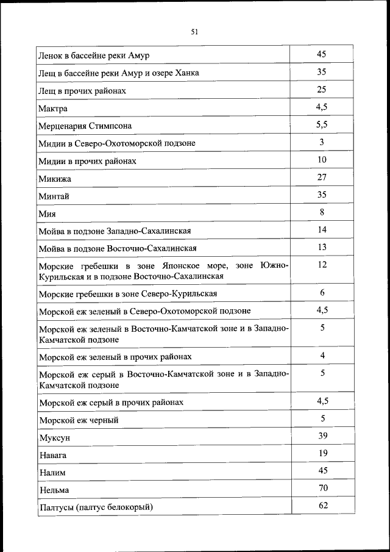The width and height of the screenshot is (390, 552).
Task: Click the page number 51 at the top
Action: (x=194, y=32)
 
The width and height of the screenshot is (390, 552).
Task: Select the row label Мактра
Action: (x=52, y=109)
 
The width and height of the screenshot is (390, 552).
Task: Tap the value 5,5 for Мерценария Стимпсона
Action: (x=322, y=124)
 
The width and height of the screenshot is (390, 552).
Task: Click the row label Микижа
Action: (x=54, y=179)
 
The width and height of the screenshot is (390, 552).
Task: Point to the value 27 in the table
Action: (x=322, y=177)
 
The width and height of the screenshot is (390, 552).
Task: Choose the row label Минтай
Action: (x=54, y=196)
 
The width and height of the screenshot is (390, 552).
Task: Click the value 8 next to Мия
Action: (x=322, y=212)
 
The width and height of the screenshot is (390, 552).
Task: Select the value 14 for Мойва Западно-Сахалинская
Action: (x=322, y=230)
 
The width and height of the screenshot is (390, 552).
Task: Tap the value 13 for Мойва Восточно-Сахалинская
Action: (x=322, y=247)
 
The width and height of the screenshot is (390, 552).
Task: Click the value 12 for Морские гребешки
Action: (x=322, y=265)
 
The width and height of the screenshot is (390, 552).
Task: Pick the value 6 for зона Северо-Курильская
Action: (x=322, y=293)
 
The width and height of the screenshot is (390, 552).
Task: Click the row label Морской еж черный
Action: (x=78, y=420)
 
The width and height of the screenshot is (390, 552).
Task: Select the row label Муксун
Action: (x=54, y=437)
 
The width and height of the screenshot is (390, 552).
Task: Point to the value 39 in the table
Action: (x=322, y=436)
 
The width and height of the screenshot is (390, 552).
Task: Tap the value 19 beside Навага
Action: (x=322, y=453)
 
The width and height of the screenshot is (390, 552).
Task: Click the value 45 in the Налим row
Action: (x=322, y=470)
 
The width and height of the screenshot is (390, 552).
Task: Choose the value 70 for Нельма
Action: (x=322, y=488)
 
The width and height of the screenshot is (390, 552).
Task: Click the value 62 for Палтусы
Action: (x=322, y=506)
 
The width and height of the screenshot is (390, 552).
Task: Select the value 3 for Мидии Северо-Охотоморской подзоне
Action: (x=322, y=142)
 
